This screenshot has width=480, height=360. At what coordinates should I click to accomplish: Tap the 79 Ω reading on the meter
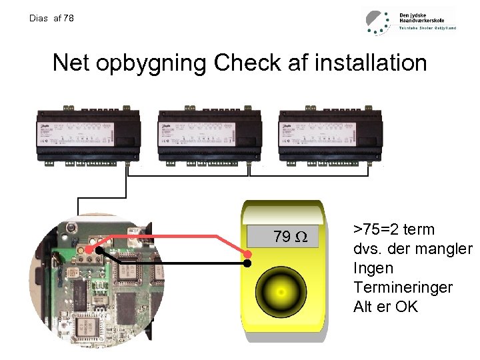pos(290,237)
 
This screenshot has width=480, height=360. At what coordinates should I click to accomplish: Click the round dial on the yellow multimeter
pos(281,292)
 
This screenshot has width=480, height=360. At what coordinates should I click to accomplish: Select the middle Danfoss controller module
pos(209,134)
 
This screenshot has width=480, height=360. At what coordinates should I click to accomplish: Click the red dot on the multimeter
pos(247,254)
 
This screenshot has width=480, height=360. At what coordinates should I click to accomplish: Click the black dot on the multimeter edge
pos(247,263)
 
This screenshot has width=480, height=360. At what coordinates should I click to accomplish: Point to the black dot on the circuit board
pos(98,251)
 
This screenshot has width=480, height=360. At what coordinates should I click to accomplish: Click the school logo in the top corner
pos(409,21)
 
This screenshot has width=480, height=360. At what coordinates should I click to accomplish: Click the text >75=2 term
pos(393,230)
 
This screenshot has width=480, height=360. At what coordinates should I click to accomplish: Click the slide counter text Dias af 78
pos(52,18)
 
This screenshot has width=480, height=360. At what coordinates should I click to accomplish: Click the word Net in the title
pos(71,63)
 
